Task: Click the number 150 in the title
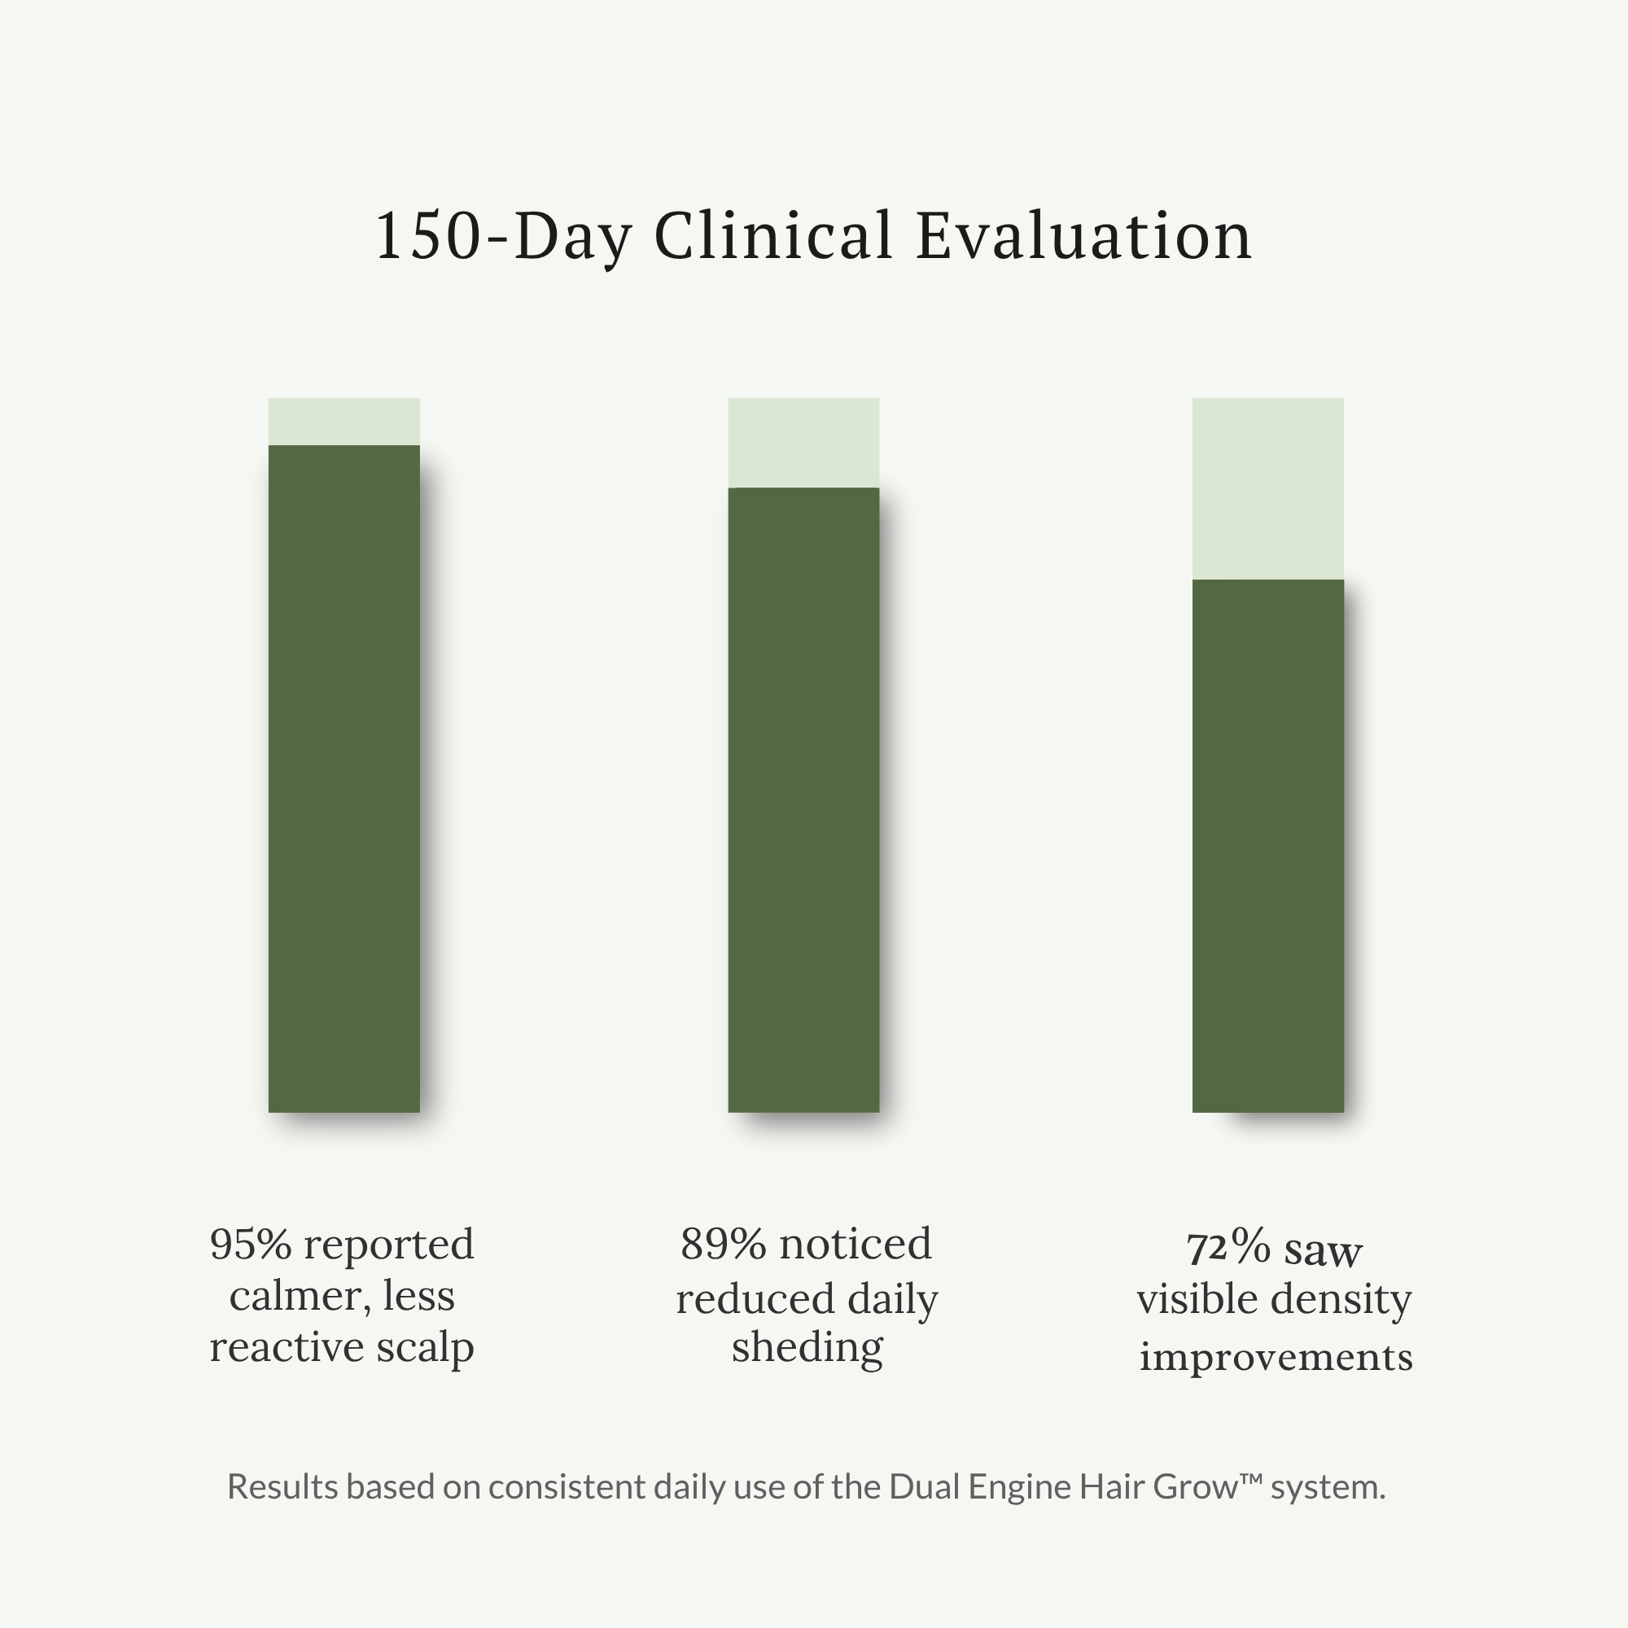428,236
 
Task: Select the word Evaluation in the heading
1083,236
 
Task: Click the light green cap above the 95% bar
344,422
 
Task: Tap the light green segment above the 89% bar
803,442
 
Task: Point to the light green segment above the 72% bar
1267,488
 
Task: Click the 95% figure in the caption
250,1245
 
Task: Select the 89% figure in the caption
723,1245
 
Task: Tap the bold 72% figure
1228,1249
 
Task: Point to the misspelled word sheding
807,1347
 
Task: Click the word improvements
1275,1358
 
